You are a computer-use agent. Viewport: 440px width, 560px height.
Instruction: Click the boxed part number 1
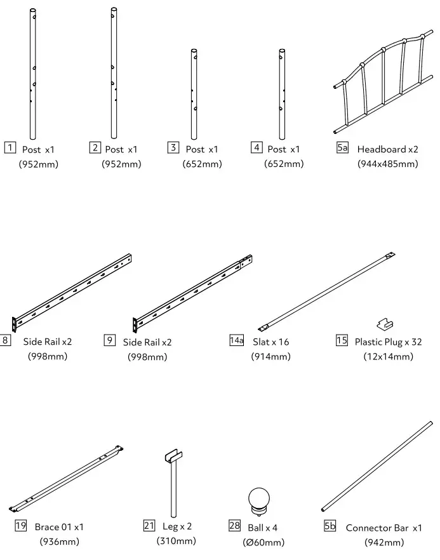(x=10, y=149)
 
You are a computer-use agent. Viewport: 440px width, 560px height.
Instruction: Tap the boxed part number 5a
(x=342, y=148)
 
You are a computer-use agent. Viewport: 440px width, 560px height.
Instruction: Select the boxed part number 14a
(x=236, y=340)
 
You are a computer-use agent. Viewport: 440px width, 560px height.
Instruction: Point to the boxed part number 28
(x=234, y=526)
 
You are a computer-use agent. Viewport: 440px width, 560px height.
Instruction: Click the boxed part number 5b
(x=330, y=526)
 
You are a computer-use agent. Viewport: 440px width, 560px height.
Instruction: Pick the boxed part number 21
(x=149, y=525)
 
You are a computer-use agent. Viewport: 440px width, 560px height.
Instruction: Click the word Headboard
(x=382, y=150)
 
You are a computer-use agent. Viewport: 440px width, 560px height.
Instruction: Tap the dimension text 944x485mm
(x=388, y=164)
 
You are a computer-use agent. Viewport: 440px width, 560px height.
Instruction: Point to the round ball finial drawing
(x=258, y=499)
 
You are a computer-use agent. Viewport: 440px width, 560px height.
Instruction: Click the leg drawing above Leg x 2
(x=171, y=483)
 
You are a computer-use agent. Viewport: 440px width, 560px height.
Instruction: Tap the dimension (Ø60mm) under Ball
(x=263, y=542)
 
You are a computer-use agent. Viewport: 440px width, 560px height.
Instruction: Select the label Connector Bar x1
(x=383, y=528)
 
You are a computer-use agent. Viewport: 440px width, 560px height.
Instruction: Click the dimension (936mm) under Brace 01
(x=60, y=542)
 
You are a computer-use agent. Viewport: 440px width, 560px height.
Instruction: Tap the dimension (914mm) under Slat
(x=271, y=356)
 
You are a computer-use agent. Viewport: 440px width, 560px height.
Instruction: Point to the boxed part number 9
(x=110, y=340)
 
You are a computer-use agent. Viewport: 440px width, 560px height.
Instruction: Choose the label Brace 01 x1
(x=59, y=527)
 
